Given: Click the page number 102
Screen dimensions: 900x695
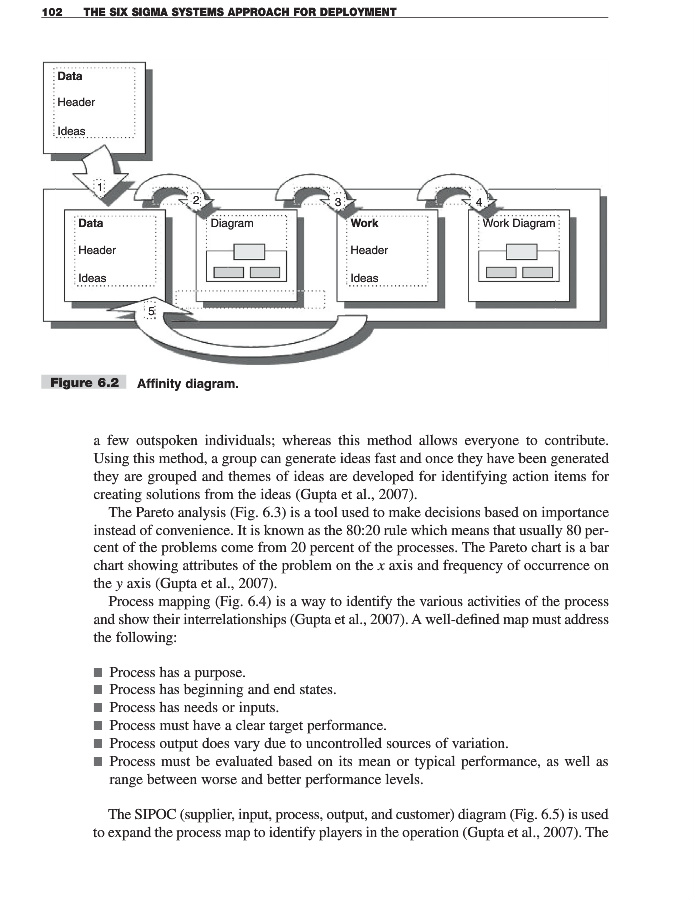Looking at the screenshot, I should tap(51, 11).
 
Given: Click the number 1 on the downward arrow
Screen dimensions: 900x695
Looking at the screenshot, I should tap(100, 187).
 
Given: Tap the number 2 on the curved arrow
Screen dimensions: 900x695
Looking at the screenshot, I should tap(197, 201).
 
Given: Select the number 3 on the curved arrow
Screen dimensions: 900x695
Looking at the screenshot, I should tap(339, 202).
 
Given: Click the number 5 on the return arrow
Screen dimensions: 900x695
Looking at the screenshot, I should tap(152, 310).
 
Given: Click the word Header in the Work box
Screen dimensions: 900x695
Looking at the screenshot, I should tap(369, 250).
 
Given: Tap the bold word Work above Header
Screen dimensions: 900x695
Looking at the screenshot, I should tap(364, 223).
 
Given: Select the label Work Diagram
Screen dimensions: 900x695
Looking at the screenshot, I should tap(519, 223).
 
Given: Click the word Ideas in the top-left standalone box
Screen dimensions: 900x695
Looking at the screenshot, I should tap(71, 131).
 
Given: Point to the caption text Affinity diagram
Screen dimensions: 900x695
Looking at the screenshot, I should tap(187, 383).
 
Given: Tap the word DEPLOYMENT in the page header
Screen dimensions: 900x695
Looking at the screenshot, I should tap(353, 11).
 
